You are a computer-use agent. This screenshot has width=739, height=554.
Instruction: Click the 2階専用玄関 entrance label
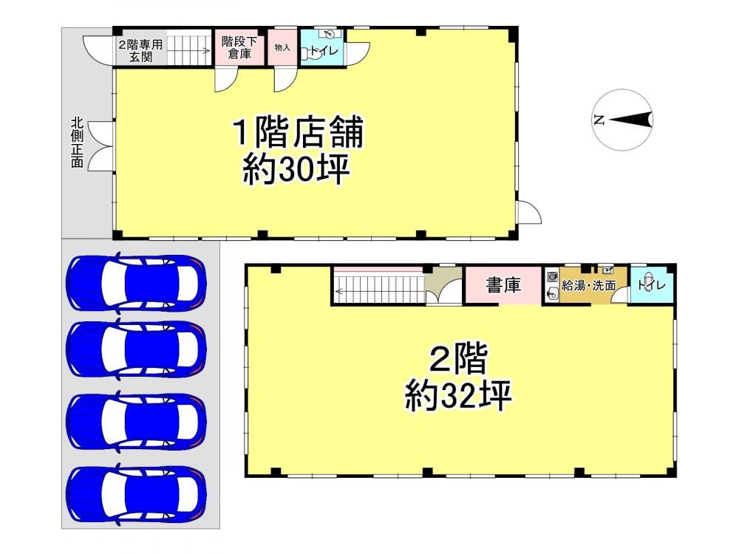pyautogui.click(x=140, y=51)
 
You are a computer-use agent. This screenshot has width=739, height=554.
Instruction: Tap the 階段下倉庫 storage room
pyautogui.click(x=239, y=48)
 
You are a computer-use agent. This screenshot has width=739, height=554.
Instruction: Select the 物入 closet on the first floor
pyautogui.click(x=283, y=47)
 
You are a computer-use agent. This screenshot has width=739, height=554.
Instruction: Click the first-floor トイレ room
pyautogui.click(x=322, y=47)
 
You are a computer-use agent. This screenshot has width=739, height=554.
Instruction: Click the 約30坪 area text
pyautogui.click(x=296, y=170)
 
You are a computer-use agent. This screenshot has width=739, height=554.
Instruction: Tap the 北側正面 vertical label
pyautogui.click(x=78, y=143)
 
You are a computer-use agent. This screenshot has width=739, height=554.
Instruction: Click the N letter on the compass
pyautogui.click(x=599, y=120)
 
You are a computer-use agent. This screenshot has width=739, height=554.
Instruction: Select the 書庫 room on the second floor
pyautogui.click(x=503, y=285)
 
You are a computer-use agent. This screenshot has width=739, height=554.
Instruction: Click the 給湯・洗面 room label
pyautogui.click(x=589, y=285)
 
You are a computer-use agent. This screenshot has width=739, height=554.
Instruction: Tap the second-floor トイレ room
pyautogui.click(x=652, y=285)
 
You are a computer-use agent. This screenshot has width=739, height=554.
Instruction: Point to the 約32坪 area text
pyautogui.click(x=458, y=396)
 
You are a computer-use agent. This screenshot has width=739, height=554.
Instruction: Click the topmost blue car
pyautogui.click(x=137, y=283)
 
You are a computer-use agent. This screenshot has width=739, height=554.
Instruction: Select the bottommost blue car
pyautogui.click(x=137, y=493)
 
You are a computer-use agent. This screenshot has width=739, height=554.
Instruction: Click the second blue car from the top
pyautogui.click(x=137, y=349)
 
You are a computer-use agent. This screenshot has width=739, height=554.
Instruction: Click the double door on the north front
pyautogui.click(x=101, y=146)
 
